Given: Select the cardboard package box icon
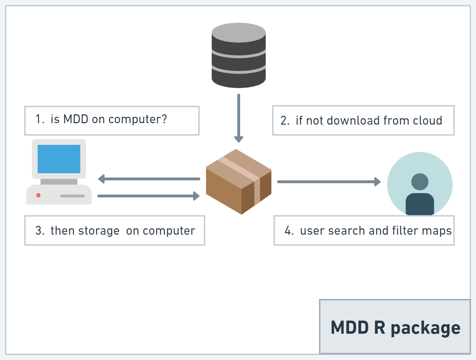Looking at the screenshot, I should point(238,182).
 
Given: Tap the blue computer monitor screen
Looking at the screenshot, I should point(59,159).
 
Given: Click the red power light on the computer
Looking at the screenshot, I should point(38,195).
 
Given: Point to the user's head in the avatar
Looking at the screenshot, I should point(420,181).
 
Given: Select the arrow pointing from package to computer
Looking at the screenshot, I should point(149,179).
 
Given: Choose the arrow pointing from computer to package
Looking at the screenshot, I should point(148,196).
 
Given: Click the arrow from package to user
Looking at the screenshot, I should point(329,182).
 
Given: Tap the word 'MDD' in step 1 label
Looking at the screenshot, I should point(76,119).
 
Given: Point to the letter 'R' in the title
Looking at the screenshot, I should point(379,327).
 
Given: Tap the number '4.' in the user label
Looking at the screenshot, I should point(289,231).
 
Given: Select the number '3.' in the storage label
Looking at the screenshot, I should point(40,231).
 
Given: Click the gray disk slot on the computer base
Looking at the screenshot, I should point(72,196).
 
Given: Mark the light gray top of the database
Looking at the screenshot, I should point(238,33).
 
